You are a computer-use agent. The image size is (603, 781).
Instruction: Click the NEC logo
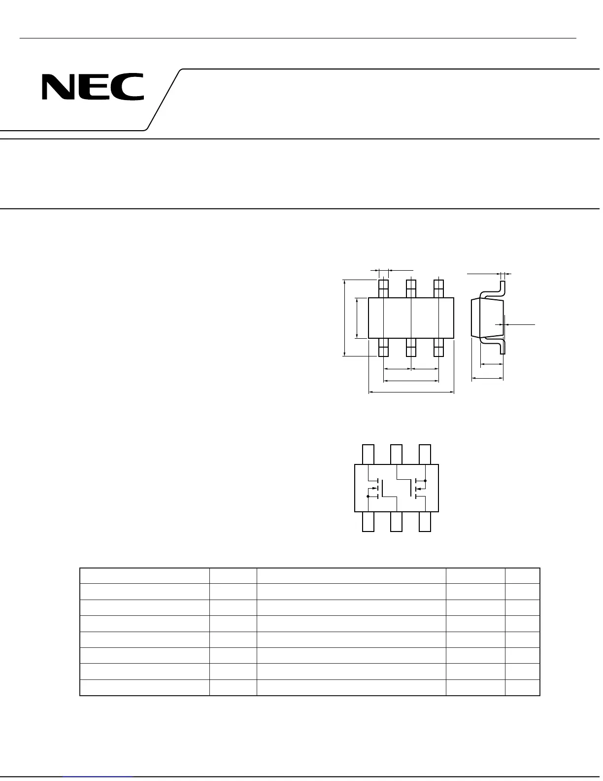point(93,87)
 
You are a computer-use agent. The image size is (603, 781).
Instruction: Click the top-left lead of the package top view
point(383,288)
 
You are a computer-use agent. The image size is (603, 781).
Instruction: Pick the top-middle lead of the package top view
point(411,288)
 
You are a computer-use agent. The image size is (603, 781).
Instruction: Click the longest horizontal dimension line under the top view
point(411,392)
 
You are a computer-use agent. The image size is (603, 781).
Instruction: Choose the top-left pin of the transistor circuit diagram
point(368,454)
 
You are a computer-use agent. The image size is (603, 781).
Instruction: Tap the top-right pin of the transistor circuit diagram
point(425,454)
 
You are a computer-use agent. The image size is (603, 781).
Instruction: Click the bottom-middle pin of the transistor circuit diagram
point(396,522)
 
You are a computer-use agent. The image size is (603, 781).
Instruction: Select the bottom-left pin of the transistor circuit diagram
point(368,522)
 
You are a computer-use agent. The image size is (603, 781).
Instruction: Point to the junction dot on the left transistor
point(368,497)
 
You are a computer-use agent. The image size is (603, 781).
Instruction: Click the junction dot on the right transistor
point(425,480)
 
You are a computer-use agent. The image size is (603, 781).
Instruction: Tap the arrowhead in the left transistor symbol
point(374,489)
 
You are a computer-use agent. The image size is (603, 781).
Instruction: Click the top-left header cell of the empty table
point(144,576)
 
